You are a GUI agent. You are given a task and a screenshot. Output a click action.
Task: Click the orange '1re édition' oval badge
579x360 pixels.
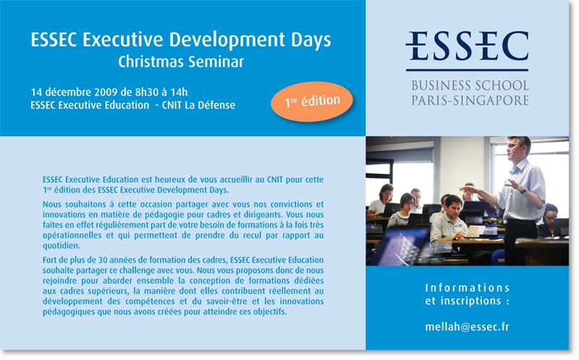point(312,101)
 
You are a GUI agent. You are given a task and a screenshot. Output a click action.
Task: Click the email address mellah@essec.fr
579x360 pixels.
point(467,327)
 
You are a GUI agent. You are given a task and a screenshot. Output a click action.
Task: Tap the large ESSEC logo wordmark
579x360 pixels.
point(467,46)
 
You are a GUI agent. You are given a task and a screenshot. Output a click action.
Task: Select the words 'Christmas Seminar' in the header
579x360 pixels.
point(181,62)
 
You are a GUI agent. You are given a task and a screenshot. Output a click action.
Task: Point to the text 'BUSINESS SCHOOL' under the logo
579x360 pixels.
point(470,85)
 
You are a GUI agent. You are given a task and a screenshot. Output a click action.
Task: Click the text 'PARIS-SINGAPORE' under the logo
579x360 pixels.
point(470,100)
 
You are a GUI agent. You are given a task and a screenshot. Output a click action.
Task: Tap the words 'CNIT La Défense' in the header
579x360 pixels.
point(198,105)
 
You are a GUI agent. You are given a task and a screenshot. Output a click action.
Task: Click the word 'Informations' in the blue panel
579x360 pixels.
point(467,288)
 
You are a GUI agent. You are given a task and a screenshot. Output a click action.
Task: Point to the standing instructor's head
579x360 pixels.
point(517,147)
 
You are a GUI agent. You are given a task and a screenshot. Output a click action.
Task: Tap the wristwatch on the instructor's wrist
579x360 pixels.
point(523,191)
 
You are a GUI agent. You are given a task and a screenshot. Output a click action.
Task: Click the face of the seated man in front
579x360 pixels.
point(452,206)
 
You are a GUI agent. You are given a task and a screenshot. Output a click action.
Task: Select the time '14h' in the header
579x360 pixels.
point(179,92)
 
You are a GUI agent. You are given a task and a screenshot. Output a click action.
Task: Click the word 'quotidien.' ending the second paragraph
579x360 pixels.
point(62,246)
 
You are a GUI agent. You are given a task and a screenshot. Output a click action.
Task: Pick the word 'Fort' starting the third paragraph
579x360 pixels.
point(49,260)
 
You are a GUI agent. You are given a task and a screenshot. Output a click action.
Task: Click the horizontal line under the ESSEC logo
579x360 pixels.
point(467,70)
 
